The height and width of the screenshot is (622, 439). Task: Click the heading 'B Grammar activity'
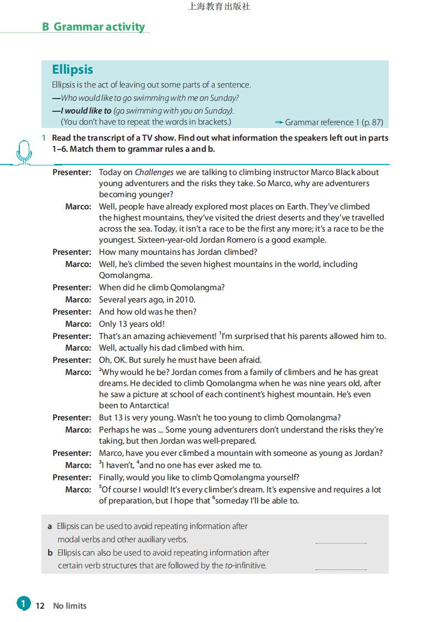pos(93,27)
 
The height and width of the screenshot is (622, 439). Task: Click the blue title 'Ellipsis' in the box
pos(72,69)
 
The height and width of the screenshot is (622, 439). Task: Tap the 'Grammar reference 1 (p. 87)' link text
pos(333,122)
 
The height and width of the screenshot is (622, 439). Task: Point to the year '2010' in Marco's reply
pos(185,300)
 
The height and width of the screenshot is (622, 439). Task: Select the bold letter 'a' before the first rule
pos(50,526)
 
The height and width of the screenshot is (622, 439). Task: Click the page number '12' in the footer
pos(40,606)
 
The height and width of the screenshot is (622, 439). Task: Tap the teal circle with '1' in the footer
pos(23,604)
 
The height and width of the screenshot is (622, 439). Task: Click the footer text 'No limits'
pos(70,606)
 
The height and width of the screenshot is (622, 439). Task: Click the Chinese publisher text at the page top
pos(219,7)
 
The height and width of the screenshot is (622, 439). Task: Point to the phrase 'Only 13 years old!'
pos(132,324)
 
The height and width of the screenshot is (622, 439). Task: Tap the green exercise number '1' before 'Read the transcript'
pos(44,138)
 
